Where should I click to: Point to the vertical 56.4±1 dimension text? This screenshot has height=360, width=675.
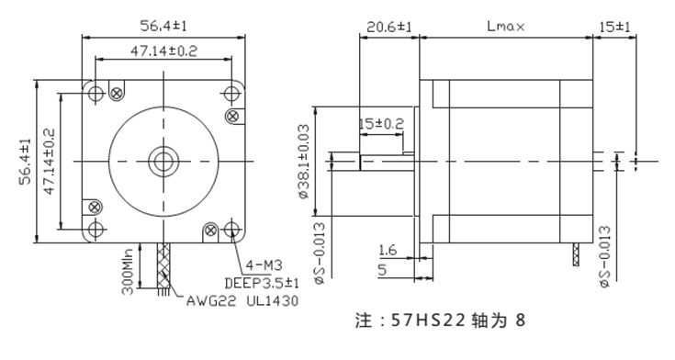26,163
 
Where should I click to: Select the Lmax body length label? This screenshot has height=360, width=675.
505,27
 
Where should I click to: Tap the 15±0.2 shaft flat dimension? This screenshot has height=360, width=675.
380,122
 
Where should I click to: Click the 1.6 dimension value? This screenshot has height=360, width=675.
386,249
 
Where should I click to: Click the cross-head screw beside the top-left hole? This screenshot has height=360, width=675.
116,92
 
